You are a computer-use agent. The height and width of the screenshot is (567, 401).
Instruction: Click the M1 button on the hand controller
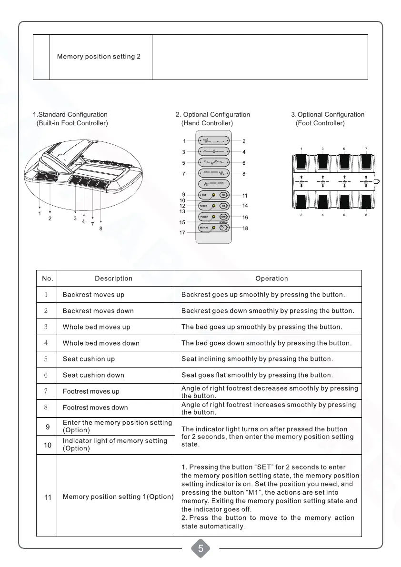click(x=223, y=195)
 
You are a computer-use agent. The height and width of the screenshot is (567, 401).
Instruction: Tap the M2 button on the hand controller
click(x=223, y=206)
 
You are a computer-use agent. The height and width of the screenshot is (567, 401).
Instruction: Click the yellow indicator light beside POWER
click(x=214, y=217)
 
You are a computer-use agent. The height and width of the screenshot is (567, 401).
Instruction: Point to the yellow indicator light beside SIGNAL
click(x=214, y=228)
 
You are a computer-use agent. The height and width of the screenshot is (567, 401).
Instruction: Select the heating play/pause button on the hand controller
click(x=224, y=228)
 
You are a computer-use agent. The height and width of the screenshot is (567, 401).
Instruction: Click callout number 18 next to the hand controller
click(x=245, y=229)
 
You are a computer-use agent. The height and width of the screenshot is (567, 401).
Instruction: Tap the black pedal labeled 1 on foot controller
click(x=302, y=162)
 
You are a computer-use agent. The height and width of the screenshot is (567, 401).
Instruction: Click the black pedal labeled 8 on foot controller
click(x=365, y=202)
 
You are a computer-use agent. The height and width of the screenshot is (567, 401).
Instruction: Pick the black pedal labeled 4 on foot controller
click(x=323, y=202)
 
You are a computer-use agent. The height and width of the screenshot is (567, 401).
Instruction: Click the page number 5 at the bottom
click(x=200, y=549)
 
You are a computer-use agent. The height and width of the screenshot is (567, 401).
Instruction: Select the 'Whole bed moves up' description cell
click(x=96, y=327)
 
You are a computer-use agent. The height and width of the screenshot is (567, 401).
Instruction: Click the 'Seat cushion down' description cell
click(x=93, y=375)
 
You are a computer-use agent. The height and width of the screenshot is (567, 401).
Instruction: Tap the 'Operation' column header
click(x=271, y=279)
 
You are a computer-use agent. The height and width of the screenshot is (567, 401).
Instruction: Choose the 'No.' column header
click(x=47, y=279)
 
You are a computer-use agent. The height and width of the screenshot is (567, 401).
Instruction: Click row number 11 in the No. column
click(x=48, y=497)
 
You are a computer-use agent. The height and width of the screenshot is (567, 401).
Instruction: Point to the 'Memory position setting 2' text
click(x=99, y=57)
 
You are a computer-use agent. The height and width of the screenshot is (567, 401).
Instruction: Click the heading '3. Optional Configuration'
click(x=328, y=114)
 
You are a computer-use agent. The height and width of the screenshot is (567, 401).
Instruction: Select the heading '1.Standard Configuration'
click(x=70, y=114)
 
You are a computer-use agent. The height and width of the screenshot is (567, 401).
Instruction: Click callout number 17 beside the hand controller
click(x=182, y=233)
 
